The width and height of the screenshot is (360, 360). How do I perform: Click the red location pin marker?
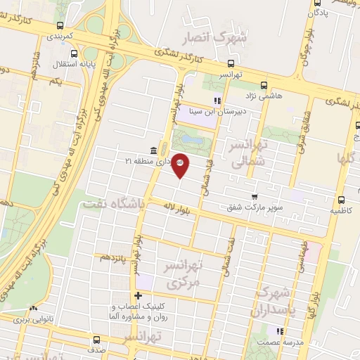click(x=180, y=165)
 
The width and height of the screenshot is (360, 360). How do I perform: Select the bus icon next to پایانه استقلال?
click(x=75, y=53)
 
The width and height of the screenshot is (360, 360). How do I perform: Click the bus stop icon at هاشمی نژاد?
click(x=264, y=84)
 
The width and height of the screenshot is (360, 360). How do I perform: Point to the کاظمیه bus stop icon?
click(x=341, y=199)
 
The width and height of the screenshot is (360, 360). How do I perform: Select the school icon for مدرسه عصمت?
click(x=280, y=331)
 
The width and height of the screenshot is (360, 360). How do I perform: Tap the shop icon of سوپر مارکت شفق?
click(x=255, y=196)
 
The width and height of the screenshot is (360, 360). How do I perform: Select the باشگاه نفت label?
click(x=112, y=203)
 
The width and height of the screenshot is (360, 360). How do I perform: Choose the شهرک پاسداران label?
click(x=281, y=298)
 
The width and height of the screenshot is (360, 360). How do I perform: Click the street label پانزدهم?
click(x=114, y=257)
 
